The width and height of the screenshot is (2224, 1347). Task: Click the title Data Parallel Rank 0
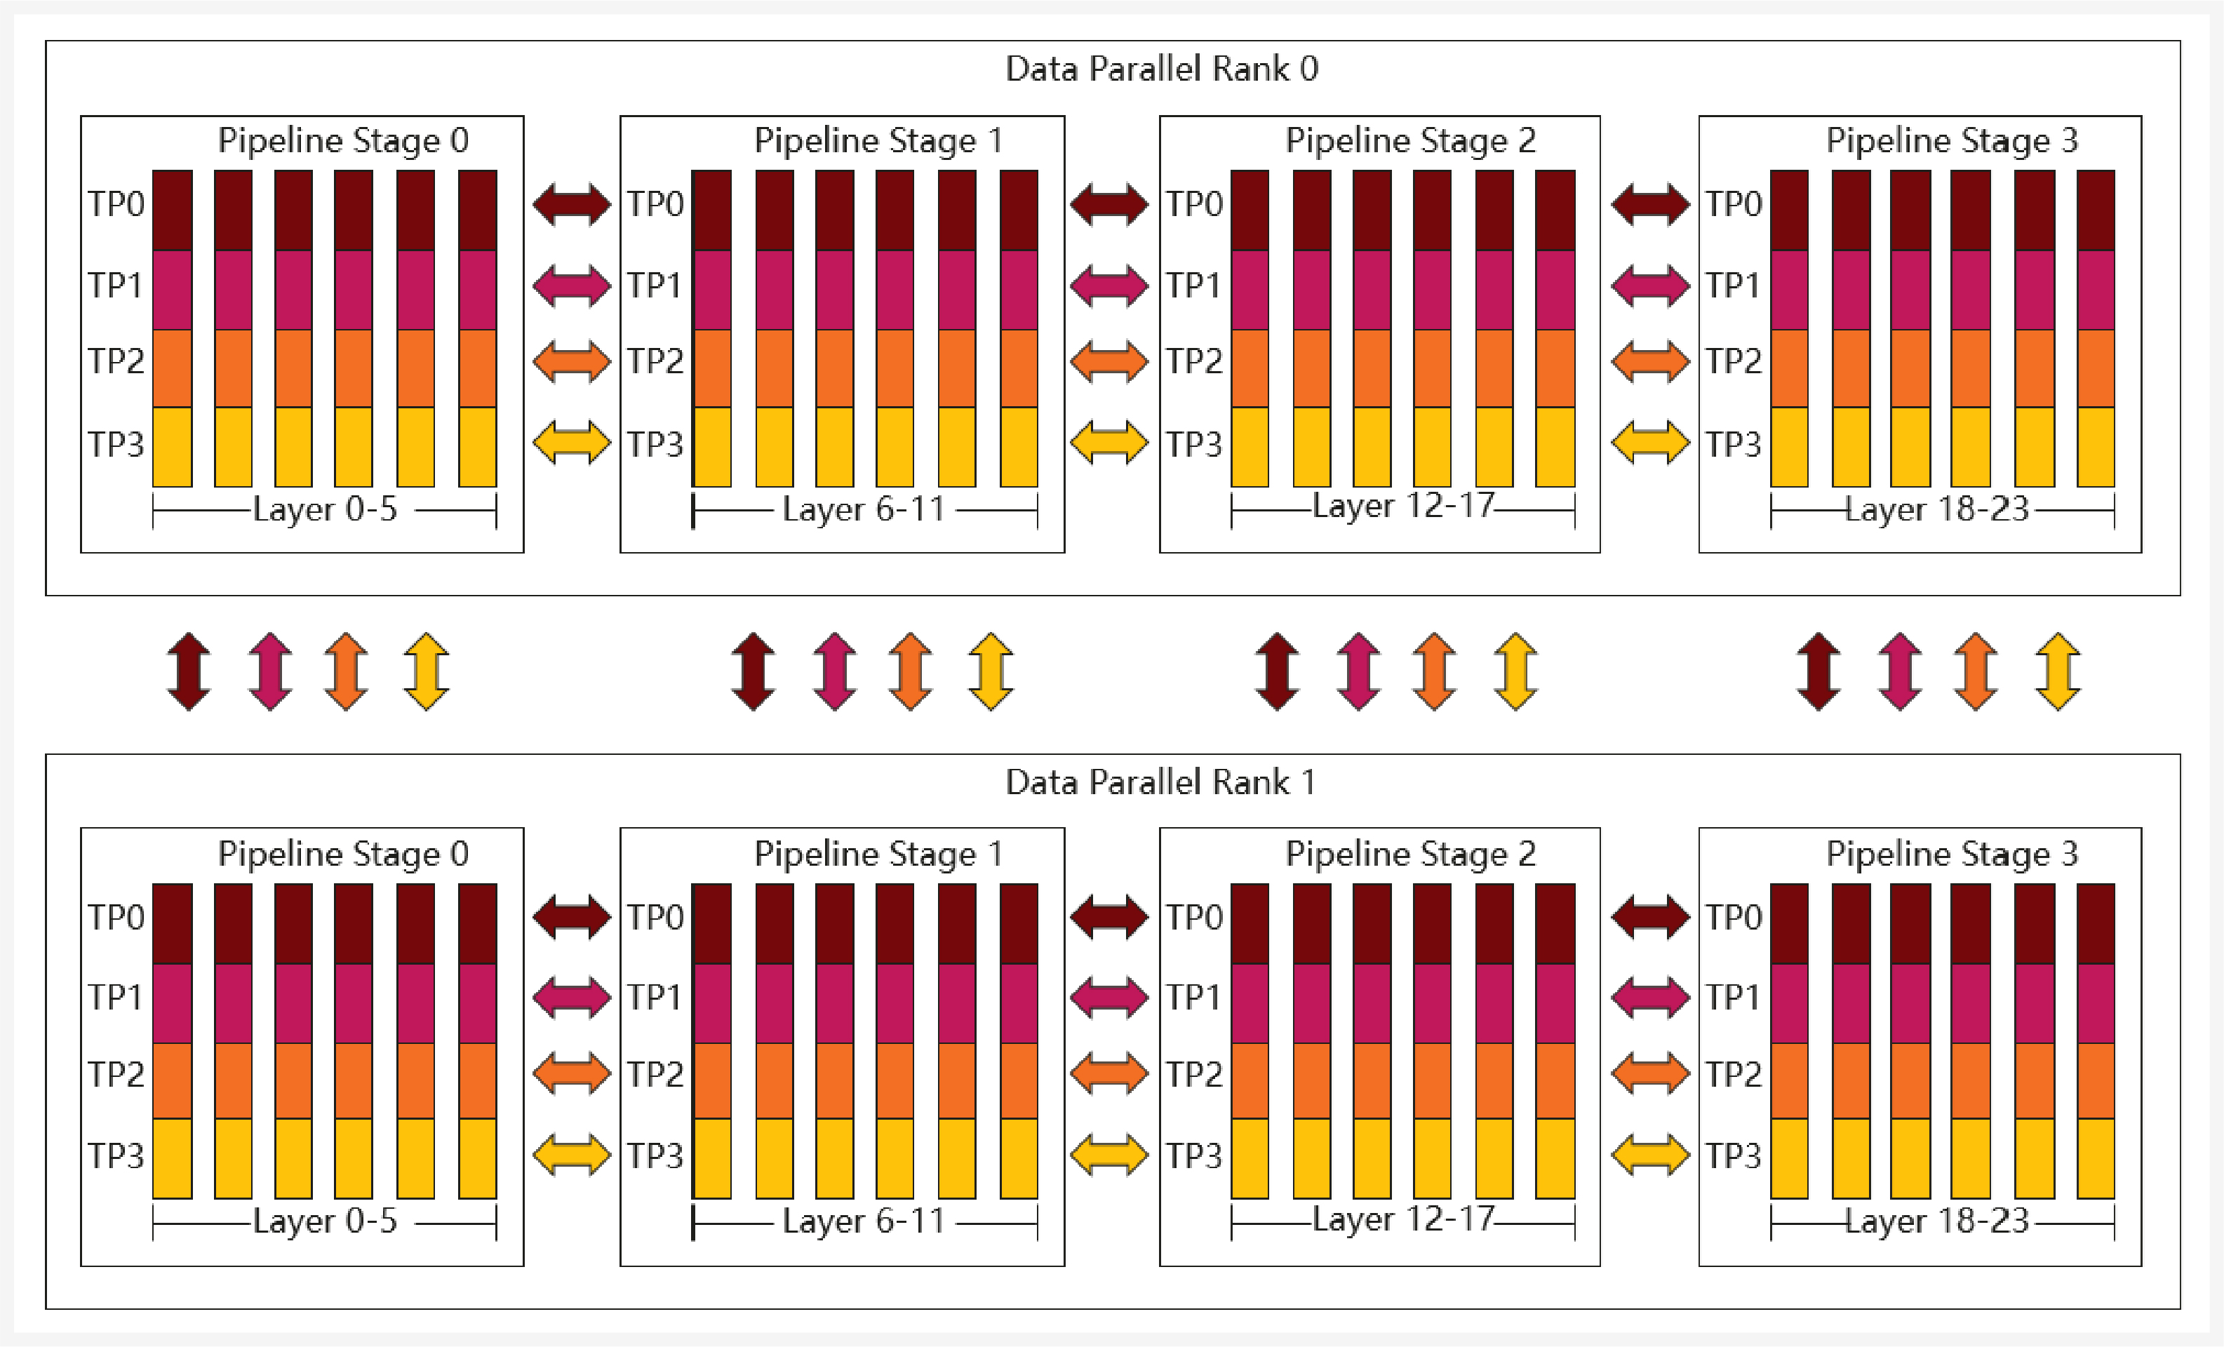(1162, 69)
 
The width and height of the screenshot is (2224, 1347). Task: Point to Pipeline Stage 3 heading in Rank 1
(1951, 853)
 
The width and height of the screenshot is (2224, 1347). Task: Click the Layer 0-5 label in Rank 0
(325, 509)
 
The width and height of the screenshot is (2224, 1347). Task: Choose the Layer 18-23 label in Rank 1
(1937, 1221)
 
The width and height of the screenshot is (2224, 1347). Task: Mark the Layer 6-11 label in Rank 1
(864, 1221)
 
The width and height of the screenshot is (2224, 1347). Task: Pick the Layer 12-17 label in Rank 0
(1404, 506)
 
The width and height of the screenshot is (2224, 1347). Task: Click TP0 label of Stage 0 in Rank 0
(116, 204)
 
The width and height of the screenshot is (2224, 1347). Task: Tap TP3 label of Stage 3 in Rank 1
(1733, 1155)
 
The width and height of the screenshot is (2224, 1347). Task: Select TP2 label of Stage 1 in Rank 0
(655, 361)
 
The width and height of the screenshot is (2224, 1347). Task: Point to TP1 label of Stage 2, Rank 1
(1193, 997)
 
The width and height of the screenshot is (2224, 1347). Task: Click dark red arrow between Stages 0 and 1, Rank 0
(571, 204)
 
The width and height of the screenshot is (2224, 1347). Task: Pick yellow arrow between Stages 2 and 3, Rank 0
(1650, 443)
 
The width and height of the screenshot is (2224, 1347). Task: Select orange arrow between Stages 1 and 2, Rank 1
(1108, 1073)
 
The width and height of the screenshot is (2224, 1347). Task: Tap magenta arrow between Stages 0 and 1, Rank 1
(571, 997)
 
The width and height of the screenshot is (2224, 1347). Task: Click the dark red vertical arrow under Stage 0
(189, 671)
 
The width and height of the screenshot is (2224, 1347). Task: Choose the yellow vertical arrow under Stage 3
(2058, 671)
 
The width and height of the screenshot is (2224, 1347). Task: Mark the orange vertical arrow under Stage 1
(910, 671)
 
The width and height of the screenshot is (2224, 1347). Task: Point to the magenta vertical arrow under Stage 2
(1358, 671)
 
